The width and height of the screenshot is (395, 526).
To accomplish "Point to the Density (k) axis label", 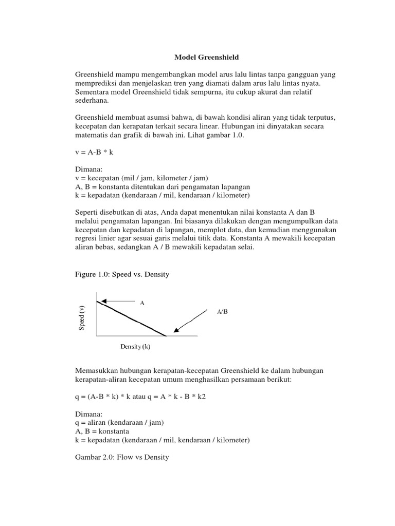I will pyautogui.click(x=136, y=347).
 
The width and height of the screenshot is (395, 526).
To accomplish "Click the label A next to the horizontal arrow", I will pyautogui.click(x=142, y=303).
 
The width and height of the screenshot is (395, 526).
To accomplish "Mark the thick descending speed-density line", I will pyautogui.click(x=131, y=318).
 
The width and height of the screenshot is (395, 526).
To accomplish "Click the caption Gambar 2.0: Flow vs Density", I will pyautogui.click(x=122, y=457).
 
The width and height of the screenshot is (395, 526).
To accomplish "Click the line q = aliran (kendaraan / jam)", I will pyautogui.click(x=119, y=422).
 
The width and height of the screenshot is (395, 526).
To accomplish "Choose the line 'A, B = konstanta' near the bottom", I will pyautogui.click(x=102, y=431).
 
